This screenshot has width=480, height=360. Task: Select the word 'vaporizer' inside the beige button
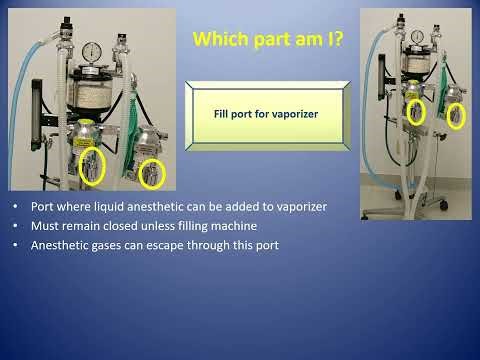coord(293,115)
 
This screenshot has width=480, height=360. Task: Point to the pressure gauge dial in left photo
coord(93,52)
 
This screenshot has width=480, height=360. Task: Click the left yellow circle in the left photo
coord(90,161)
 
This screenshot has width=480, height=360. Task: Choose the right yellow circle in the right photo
coord(456,116)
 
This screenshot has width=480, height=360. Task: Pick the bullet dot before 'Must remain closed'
coord(16,226)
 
